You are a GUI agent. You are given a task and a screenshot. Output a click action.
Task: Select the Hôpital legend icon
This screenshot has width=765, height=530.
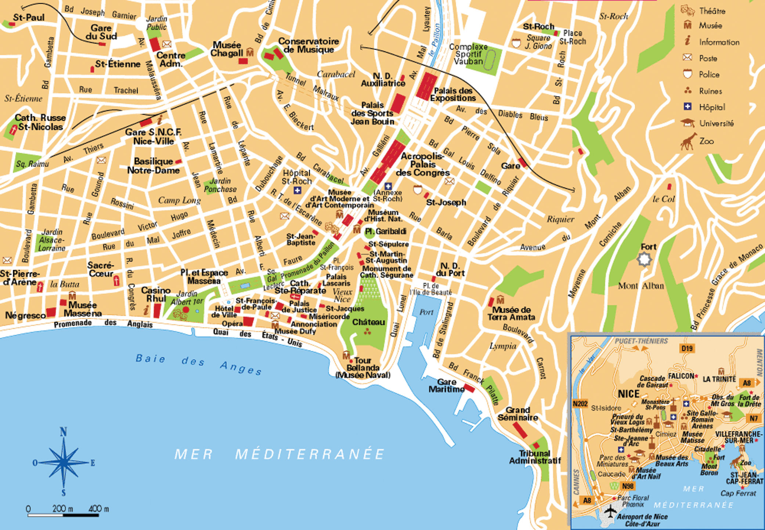[688, 107]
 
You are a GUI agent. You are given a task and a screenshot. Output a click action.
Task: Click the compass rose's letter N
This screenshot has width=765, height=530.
[63, 432]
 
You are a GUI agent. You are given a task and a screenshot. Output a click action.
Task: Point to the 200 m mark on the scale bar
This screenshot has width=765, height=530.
[62, 509]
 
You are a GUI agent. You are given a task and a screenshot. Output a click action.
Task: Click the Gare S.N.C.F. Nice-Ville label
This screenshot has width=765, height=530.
[153, 137]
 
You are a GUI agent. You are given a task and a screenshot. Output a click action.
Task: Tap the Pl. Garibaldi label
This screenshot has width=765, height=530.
[390, 231]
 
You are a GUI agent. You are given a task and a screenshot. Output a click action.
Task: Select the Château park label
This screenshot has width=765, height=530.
[368, 322]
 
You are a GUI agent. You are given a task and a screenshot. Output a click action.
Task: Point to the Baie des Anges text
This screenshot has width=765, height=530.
[198, 363]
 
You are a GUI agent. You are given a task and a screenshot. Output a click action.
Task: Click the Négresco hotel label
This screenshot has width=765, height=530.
[25, 315]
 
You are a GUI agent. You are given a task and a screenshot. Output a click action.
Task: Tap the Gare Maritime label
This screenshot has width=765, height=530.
[446, 385]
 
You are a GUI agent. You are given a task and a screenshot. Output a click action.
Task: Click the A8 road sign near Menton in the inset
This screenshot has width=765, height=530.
[747, 383]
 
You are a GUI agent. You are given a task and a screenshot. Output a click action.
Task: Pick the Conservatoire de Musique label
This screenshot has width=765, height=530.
[308, 46]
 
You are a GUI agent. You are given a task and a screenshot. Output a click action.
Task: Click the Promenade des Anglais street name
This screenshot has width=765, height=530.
[103, 323]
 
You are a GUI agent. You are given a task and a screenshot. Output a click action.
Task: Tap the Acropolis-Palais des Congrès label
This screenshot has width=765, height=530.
[422, 164]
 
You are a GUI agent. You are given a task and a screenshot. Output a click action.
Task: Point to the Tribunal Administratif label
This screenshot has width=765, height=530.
[535, 457]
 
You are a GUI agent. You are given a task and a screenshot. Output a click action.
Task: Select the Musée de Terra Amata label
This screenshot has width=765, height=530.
[511, 313]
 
